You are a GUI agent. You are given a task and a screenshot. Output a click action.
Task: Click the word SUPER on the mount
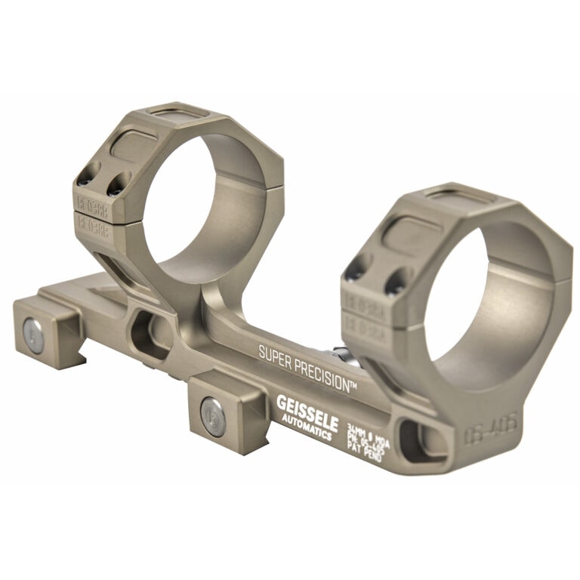point(276,353)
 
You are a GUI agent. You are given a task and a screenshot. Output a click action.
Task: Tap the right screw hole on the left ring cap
point(116,183)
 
